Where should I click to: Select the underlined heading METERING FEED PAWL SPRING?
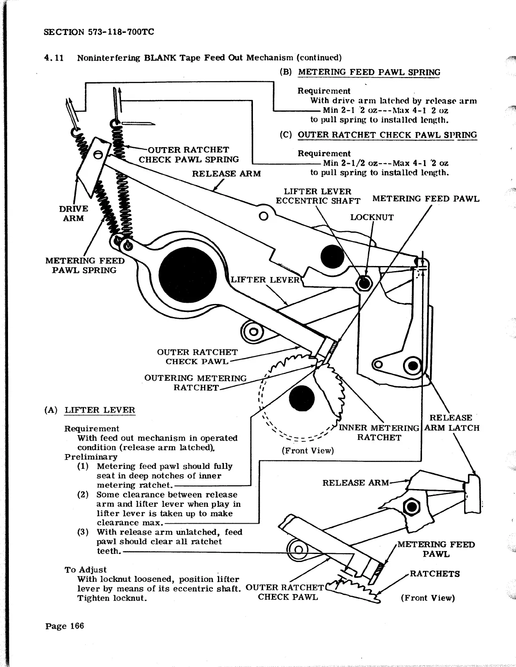tap(369, 72)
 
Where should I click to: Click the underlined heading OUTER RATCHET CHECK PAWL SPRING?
tap(387, 135)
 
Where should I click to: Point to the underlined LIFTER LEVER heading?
tap(100, 410)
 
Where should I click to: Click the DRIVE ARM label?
tap(73, 213)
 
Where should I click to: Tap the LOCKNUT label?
tap(372, 218)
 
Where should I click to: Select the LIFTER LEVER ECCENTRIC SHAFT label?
tap(318, 196)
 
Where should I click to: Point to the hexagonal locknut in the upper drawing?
tap(363, 283)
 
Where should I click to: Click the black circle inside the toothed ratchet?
tap(302, 398)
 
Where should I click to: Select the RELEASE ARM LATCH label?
tap(451, 423)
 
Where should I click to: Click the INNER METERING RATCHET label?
tap(379, 433)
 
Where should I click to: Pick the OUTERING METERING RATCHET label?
tap(196, 383)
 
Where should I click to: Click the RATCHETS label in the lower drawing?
tap(435, 574)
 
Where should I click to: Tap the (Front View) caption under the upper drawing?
tap(308, 451)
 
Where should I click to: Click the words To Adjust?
tap(86, 570)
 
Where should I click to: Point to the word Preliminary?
tap(91, 457)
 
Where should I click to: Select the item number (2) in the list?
tap(83, 495)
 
